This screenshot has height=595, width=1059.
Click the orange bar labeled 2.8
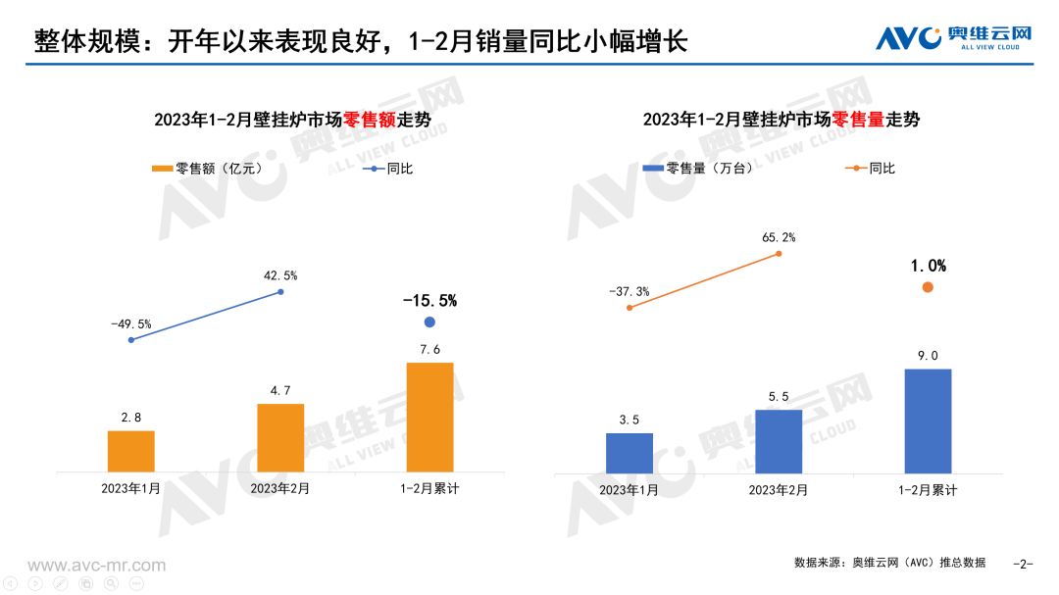[x=131, y=451]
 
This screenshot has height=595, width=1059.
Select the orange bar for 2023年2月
[x=280, y=437]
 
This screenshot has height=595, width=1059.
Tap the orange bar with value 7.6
[x=429, y=417]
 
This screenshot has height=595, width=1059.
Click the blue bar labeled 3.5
[x=630, y=453]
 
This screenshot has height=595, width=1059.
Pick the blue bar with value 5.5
[x=779, y=441]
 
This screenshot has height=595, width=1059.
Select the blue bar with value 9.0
[x=928, y=421]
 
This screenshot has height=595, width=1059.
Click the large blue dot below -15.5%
[x=429, y=322]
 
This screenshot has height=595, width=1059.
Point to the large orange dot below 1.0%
[x=928, y=287]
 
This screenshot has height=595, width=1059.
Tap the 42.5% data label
[x=280, y=275]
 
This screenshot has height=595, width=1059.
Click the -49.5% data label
[x=131, y=323]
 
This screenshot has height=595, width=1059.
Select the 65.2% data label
[x=779, y=237]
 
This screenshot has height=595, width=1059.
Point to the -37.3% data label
[x=630, y=291]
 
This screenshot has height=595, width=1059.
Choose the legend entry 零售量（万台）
[x=698, y=169]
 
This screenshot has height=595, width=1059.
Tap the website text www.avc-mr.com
[x=96, y=566]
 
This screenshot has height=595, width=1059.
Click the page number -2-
[x=1023, y=564]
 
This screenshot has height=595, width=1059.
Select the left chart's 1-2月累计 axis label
[x=429, y=488]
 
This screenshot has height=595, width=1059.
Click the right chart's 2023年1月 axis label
[x=630, y=489]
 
